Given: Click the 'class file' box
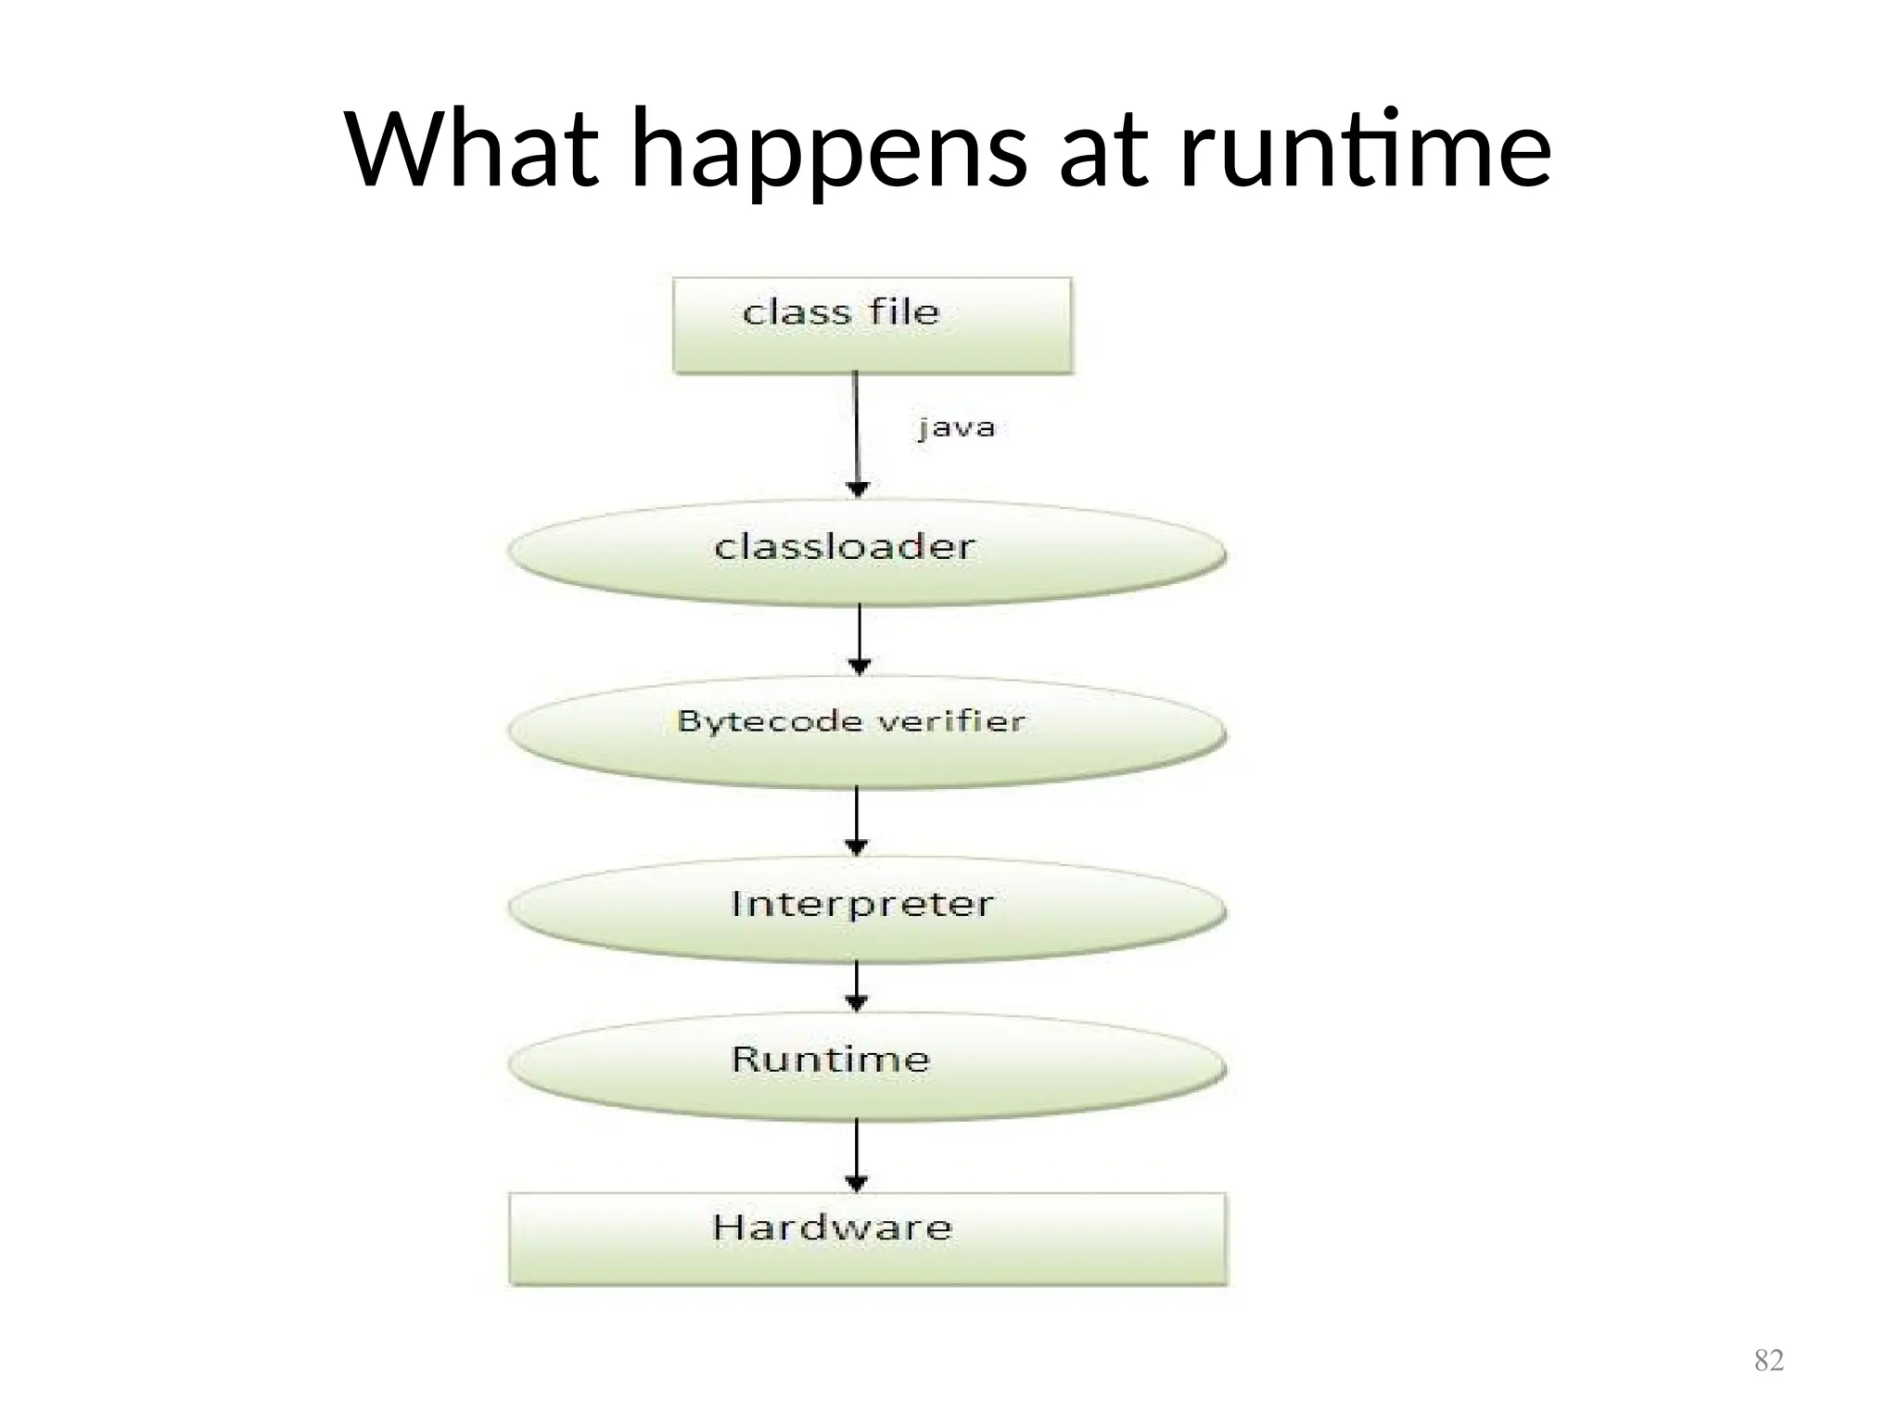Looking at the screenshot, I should (x=872, y=325).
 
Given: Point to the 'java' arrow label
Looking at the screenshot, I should (x=956, y=428).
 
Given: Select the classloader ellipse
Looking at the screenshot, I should (x=867, y=553).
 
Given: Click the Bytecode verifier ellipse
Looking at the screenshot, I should (x=867, y=732).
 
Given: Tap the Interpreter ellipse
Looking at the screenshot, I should (x=867, y=909).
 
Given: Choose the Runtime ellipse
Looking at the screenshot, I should (x=867, y=1066).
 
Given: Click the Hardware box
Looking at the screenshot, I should (x=867, y=1239).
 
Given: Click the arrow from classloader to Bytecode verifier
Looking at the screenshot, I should (x=860, y=639).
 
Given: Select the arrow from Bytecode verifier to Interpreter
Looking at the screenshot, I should (x=857, y=820).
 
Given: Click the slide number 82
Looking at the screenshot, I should (x=1768, y=1360).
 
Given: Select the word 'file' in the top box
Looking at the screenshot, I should (x=904, y=311).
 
